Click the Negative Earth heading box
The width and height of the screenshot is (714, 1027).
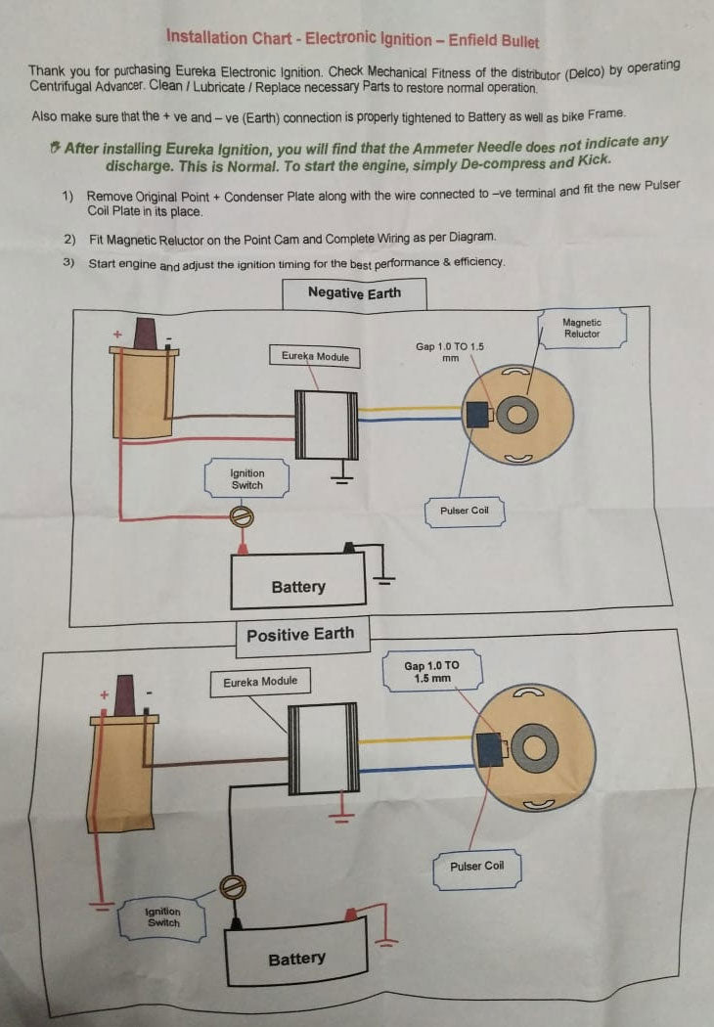(x=354, y=292)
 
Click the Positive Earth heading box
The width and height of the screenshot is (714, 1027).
(x=299, y=635)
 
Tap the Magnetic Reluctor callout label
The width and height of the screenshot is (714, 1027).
(x=582, y=329)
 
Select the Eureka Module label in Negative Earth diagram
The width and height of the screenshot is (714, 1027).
(x=315, y=356)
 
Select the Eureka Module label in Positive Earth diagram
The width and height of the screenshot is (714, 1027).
(x=259, y=682)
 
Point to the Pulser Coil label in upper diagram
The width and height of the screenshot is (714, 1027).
(x=464, y=511)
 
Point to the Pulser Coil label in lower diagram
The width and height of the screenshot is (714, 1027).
(x=476, y=866)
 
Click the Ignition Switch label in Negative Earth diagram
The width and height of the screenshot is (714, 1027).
(x=246, y=479)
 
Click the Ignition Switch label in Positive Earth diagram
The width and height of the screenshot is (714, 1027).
(x=163, y=917)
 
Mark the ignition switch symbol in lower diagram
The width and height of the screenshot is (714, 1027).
(x=233, y=887)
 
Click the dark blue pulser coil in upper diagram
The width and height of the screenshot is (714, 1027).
(x=479, y=415)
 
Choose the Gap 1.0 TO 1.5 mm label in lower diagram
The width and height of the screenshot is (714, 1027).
(x=430, y=671)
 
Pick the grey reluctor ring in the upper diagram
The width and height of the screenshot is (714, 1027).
(x=515, y=417)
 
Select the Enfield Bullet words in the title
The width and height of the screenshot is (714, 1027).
(x=493, y=41)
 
